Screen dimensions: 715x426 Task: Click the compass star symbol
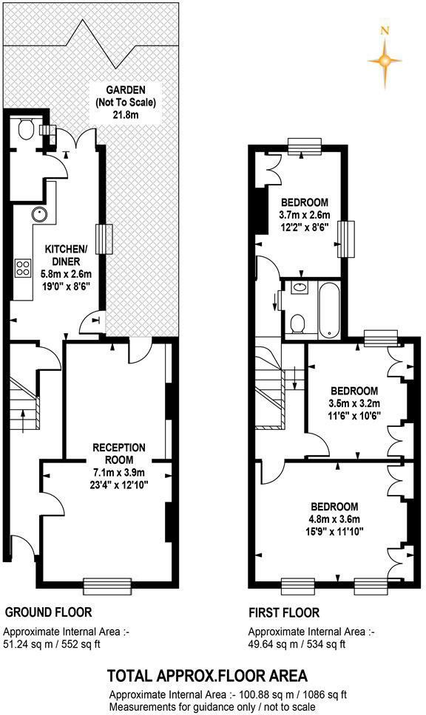tap(384, 61)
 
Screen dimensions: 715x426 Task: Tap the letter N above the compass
tap(384, 31)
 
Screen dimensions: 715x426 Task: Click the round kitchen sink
tap(38, 215)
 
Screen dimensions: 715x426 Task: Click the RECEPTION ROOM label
tap(118, 454)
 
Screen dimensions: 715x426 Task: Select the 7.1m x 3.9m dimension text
tap(119, 473)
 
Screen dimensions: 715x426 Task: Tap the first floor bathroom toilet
tap(298, 323)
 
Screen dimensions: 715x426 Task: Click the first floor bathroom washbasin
tap(301, 288)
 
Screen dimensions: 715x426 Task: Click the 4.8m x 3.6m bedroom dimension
tap(334, 519)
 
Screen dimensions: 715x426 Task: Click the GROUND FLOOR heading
tap(49, 612)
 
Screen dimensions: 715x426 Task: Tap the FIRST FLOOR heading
tap(284, 612)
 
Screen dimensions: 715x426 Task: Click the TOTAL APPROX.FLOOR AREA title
tap(207, 675)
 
